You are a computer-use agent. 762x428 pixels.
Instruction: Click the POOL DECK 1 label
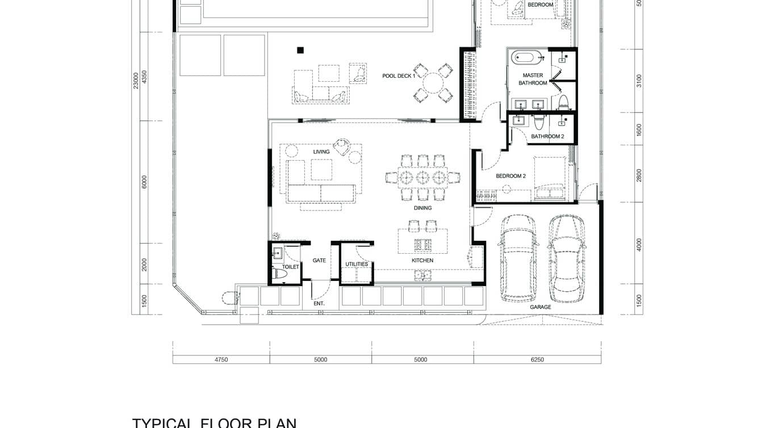pos(399,75)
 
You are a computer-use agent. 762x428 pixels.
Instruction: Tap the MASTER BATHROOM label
pos(533,79)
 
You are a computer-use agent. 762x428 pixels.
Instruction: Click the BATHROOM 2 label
pos(547,137)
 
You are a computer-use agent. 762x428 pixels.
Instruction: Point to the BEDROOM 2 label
pos(510,176)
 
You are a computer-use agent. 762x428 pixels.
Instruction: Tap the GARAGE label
pos(540,307)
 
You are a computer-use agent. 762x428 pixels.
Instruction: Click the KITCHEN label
pos(422,261)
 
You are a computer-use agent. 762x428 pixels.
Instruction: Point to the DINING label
pos(422,208)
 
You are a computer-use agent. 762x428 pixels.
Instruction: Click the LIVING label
pos(321,152)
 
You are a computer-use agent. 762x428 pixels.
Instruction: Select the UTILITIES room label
pos(357,264)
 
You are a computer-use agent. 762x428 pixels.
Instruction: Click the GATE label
pos(319,261)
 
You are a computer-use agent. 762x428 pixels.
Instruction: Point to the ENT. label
pos(319,304)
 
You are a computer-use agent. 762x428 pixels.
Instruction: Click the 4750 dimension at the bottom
pos(221,359)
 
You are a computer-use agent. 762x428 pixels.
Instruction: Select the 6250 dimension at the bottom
pos(537,359)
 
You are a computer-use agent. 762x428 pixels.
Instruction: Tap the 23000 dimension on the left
pos(136,80)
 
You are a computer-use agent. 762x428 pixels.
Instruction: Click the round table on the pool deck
pos(434,83)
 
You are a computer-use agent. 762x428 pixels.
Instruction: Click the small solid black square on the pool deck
pos(300,50)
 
